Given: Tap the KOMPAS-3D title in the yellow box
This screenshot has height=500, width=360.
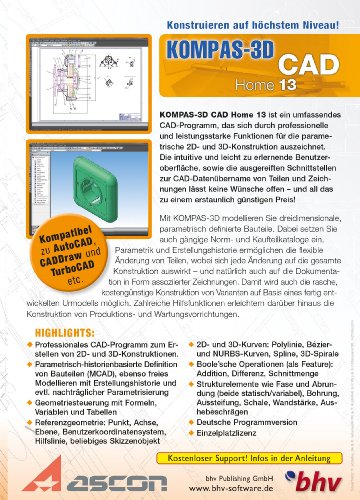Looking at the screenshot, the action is click(x=241, y=50).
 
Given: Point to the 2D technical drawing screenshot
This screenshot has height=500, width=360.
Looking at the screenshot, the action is click(x=70, y=91).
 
